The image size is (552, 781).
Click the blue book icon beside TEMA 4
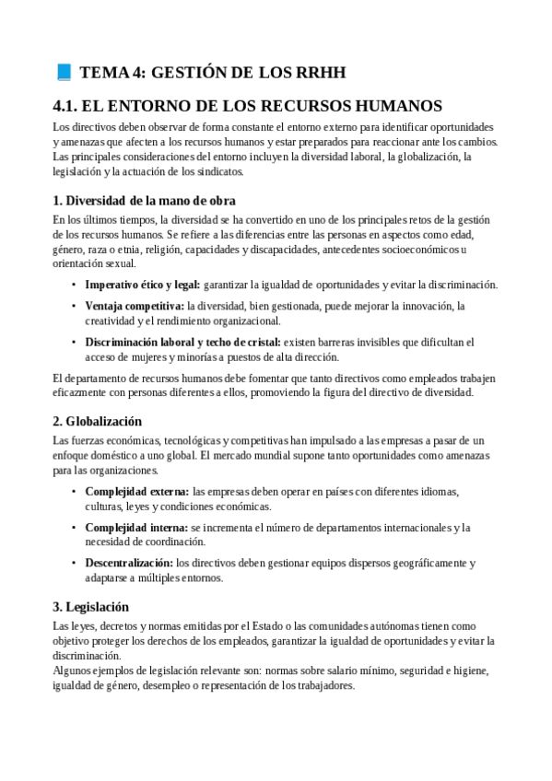[x=64, y=72]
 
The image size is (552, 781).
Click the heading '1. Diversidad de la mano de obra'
[x=144, y=200]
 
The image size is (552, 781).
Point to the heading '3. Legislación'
[x=90, y=606]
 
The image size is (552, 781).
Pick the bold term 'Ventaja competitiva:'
[x=135, y=305]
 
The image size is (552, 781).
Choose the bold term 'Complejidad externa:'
[x=137, y=491]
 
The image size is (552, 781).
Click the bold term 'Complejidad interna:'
[x=136, y=528]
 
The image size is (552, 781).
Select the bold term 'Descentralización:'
[x=129, y=562]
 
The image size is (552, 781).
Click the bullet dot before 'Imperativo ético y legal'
[x=74, y=285]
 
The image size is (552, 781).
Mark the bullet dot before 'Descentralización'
[x=74, y=562]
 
